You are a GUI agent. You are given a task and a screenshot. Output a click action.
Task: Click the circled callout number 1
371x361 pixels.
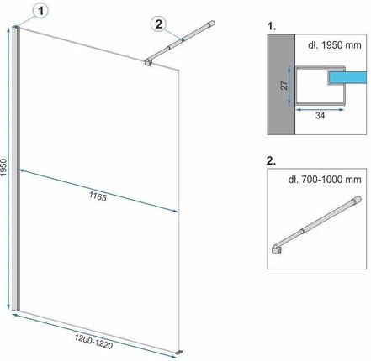click(x=41, y=12)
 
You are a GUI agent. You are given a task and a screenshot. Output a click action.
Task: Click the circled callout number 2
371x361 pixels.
click(x=158, y=24)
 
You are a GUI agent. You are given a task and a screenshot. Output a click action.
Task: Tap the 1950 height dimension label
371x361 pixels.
click(x=3, y=167)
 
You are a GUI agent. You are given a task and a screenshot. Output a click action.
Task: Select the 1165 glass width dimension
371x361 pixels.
click(x=98, y=196)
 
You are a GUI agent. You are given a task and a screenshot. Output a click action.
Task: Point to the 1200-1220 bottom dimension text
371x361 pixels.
click(x=93, y=342)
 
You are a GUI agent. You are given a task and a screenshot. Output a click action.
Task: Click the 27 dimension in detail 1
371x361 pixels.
click(x=284, y=85)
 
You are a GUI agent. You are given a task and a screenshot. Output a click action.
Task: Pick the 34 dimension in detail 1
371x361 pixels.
click(x=320, y=115)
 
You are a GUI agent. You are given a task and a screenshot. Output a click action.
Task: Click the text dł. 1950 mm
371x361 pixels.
click(x=335, y=44)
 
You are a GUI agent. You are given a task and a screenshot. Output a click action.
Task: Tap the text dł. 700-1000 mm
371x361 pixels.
click(x=325, y=179)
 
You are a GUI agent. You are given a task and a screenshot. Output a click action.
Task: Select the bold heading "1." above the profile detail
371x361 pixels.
click(x=272, y=26)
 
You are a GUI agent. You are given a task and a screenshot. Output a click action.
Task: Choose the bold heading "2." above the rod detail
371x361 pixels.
click(x=272, y=161)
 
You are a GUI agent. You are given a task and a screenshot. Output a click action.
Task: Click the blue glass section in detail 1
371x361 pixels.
click(x=348, y=77)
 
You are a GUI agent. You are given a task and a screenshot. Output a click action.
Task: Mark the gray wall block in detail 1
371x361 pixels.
click(x=281, y=84)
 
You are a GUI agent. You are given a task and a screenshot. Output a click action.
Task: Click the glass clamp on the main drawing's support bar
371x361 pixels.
click(x=148, y=62)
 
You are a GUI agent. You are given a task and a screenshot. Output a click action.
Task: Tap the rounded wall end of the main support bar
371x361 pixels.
click(x=212, y=23)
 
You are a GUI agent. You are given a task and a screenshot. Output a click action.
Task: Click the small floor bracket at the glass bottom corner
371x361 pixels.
click(x=179, y=352)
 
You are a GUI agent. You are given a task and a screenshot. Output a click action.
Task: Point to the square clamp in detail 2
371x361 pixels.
click(x=277, y=249)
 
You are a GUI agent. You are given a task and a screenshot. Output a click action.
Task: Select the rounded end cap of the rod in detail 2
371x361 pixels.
click(x=358, y=200)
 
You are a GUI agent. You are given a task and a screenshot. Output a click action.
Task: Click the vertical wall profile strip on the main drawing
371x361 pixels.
click(x=16, y=169)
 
